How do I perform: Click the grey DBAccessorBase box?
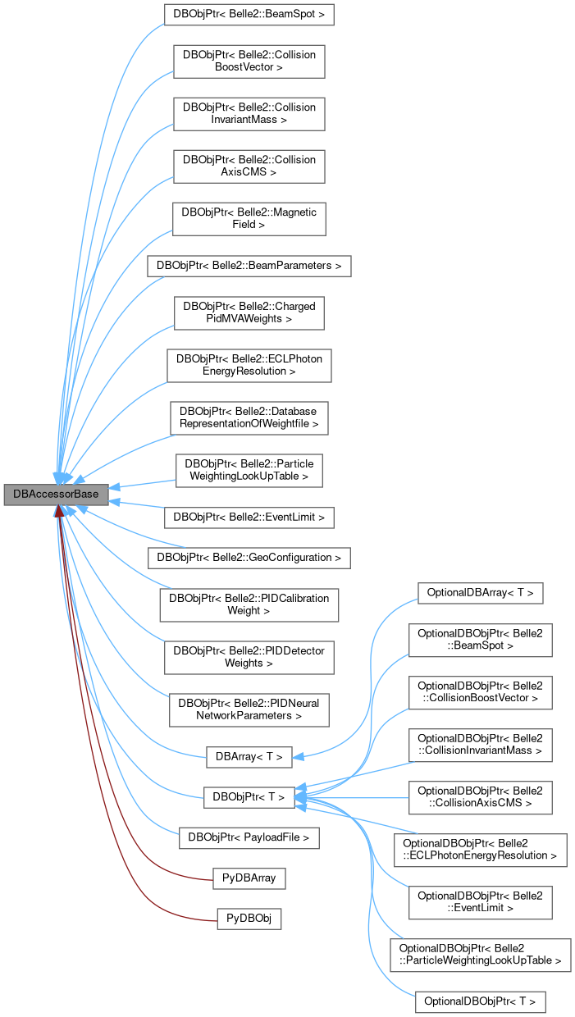tap(56, 495)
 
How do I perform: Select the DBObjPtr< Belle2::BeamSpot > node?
tap(249, 15)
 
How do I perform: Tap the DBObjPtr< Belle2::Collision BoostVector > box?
tap(249, 61)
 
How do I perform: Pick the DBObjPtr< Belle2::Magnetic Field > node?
tap(249, 217)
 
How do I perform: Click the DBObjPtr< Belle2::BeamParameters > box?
tap(249, 266)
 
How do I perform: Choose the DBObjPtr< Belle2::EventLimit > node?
tap(249, 517)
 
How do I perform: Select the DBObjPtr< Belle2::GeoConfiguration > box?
tap(249, 558)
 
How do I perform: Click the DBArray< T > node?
tap(249, 756)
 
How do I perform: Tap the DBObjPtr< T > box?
tap(249, 796)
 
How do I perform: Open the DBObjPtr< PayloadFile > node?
tap(249, 837)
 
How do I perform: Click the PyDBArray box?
tap(249, 878)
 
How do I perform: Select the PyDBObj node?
tap(249, 919)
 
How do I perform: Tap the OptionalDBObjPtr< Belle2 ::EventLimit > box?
tap(480, 902)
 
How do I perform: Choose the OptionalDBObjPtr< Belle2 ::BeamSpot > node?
tap(480, 640)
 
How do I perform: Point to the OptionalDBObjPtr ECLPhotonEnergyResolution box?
tap(480, 849)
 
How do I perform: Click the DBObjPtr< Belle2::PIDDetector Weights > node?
tap(249, 656)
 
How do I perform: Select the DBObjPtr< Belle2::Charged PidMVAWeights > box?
tap(249, 312)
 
